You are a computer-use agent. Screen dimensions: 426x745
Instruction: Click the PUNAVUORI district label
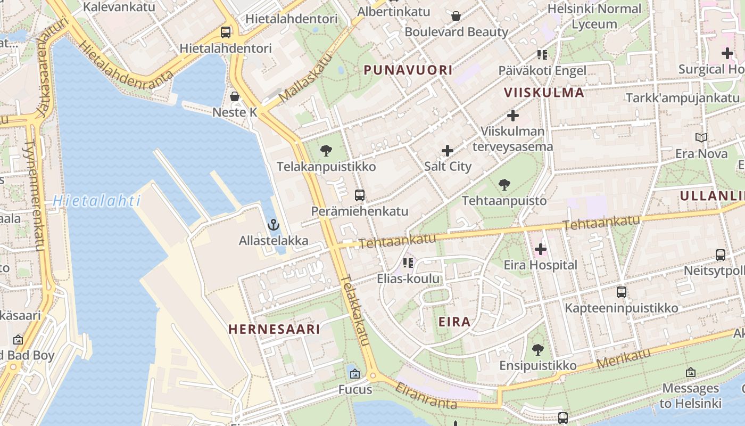(x=408, y=70)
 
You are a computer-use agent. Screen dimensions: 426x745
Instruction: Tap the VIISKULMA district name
(x=544, y=93)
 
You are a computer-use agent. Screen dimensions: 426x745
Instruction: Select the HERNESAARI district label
(x=274, y=329)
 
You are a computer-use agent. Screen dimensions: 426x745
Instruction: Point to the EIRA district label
(x=454, y=322)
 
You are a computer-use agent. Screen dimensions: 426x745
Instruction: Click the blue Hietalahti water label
(x=96, y=201)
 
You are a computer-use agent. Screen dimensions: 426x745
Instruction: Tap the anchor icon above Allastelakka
(x=274, y=225)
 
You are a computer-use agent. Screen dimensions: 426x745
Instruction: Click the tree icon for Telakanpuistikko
(x=326, y=151)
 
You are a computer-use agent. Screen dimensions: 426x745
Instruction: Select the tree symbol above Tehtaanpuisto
(x=504, y=185)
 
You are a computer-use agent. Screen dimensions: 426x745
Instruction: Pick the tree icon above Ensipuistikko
(x=538, y=350)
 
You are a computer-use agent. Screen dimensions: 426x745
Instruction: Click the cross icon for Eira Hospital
(x=541, y=249)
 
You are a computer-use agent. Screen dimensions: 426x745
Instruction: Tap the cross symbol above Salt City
(x=448, y=151)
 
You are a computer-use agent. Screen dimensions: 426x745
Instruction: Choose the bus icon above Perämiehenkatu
(x=360, y=195)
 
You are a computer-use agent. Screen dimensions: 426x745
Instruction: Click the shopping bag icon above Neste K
(x=234, y=96)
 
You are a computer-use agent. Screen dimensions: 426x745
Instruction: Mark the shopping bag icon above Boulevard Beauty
(x=456, y=16)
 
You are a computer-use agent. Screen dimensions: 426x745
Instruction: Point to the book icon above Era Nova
(x=701, y=138)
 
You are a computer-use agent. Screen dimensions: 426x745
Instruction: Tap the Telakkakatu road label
(x=355, y=310)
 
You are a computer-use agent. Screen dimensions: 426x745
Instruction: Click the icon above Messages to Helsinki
(x=690, y=372)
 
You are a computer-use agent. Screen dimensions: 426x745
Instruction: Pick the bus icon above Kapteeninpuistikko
(x=621, y=292)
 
